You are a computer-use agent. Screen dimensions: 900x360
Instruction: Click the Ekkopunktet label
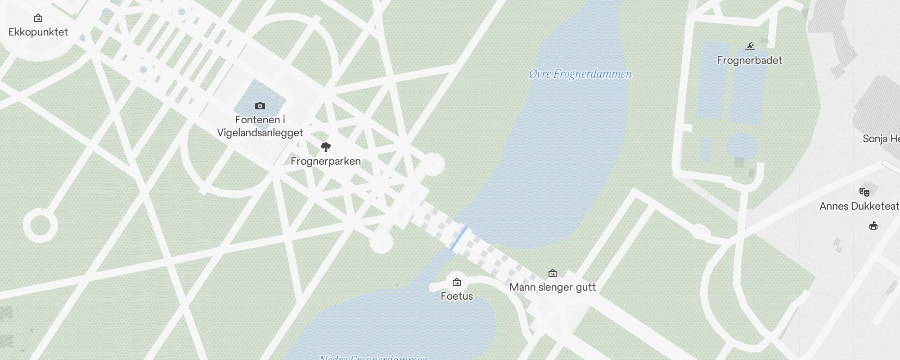pos(38,32)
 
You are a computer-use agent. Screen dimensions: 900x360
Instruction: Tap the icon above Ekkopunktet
pos(38,18)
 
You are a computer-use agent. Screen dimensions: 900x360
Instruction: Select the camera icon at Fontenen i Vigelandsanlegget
pos(260,106)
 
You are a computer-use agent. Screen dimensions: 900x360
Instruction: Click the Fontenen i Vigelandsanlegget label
pos(260,126)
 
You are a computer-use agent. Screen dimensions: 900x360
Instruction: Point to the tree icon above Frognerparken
pos(326,147)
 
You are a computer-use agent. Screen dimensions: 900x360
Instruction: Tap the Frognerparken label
pos(326,161)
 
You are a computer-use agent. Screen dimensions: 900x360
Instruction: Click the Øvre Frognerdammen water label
pos(580,74)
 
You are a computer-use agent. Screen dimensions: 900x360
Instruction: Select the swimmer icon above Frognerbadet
pos(750,46)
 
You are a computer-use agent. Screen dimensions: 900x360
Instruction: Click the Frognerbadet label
pos(749,60)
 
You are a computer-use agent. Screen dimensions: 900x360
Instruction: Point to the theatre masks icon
pos(864,192)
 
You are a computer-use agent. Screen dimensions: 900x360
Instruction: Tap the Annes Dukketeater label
pos(859,206)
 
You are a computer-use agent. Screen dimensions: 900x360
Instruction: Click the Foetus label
pos(457,296)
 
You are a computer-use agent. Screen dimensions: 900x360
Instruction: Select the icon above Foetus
pos(457,283)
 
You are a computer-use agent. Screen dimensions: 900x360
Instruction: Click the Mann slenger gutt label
pos(553,287)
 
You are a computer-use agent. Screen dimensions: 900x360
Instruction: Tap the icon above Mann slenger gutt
pos(553,273)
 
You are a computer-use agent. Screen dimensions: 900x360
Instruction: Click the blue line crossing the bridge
pos(459,238)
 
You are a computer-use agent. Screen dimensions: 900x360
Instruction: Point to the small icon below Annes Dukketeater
pos(873,226)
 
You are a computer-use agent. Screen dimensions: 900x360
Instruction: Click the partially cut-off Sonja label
pos(881,139)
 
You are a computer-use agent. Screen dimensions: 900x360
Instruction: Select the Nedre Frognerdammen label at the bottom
pos(373,357)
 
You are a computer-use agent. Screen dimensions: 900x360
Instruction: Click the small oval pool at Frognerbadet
pos(742,145)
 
